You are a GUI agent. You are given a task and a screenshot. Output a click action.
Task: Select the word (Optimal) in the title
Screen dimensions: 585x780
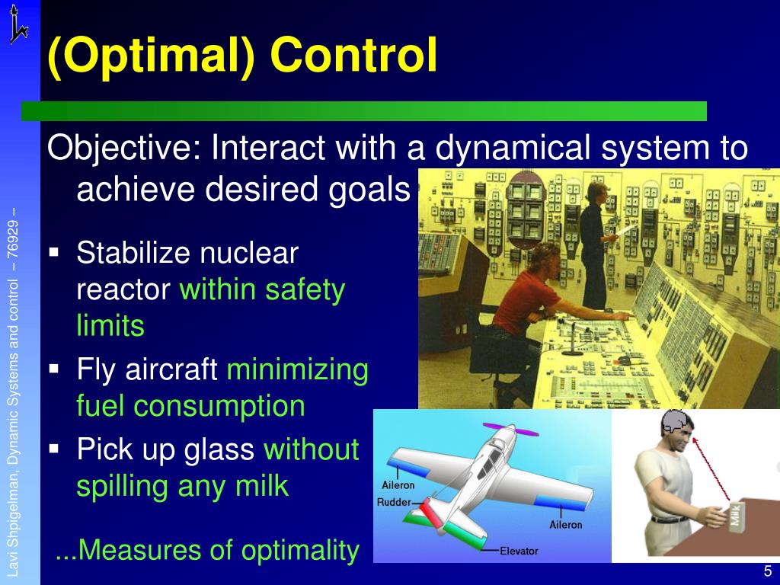pos(150,57)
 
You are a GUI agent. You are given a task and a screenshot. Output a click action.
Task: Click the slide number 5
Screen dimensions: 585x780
pos(767,572)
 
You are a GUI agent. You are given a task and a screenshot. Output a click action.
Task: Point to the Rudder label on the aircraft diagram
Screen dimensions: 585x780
pos(394,502)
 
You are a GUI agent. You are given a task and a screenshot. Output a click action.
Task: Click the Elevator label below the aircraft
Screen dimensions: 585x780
pos(519,551)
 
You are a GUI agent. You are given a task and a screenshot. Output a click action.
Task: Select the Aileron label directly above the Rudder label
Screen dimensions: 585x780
pos(398,485)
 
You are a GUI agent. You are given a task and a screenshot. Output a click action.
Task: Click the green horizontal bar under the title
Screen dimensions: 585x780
pos(364,111)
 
